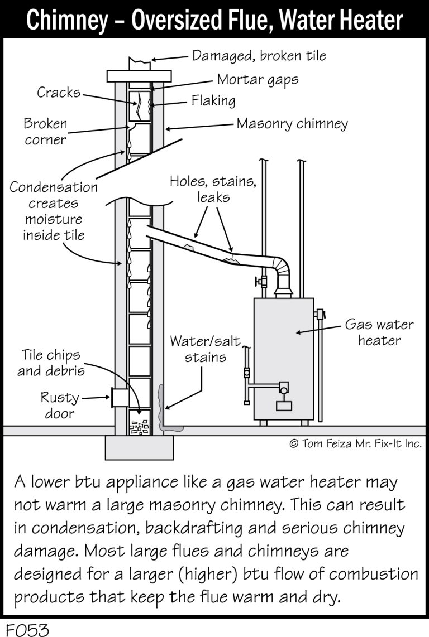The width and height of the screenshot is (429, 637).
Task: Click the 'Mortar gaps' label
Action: [x=258, y=80]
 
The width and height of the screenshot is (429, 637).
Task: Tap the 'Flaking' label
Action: [x=213, y=101]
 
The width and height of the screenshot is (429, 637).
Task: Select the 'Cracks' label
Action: [x=59, y=92]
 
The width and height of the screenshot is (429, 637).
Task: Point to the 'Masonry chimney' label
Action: [x=292, y=123]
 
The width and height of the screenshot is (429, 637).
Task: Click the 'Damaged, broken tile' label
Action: [x=259, y=56]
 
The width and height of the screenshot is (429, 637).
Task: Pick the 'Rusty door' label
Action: [x=59, y=406]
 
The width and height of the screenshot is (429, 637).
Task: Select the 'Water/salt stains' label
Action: [x=205, y=349]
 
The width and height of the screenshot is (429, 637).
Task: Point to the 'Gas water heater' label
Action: [x=379, y=332]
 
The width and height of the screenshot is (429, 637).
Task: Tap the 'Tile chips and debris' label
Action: [x=51, y=363]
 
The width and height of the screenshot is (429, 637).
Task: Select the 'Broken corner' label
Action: [x=45, y=132]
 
